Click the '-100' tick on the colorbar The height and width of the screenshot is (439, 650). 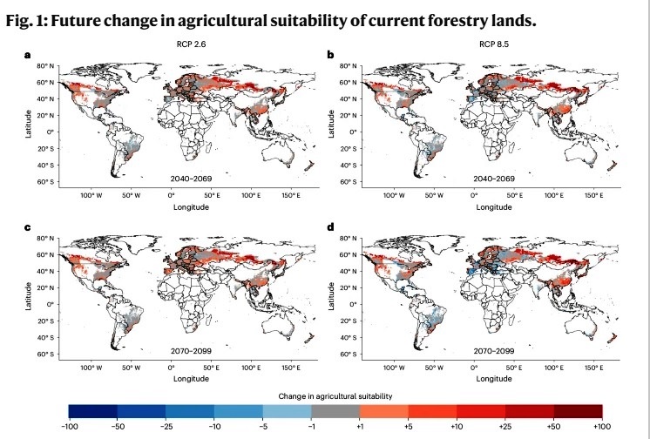[69, 428]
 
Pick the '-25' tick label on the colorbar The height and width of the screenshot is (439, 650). [166, 428]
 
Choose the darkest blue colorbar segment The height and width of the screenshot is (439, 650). [92, 411]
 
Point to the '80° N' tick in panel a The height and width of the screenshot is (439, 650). [46, 66]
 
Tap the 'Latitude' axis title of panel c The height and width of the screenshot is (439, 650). [29, 294]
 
